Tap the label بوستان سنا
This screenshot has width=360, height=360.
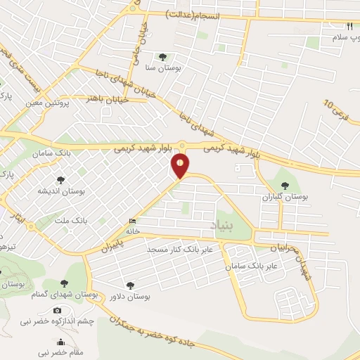(163, 70)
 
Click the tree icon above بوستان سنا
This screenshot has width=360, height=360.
(163, 58)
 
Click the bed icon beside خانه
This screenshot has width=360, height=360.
(134, 220)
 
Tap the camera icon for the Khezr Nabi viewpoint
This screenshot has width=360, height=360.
(57, 309)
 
